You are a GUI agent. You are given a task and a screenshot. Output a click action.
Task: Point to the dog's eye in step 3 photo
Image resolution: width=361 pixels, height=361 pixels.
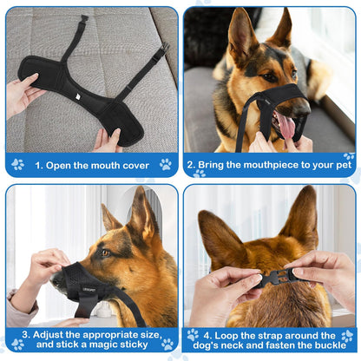pyautogui.click(x=105, y=253)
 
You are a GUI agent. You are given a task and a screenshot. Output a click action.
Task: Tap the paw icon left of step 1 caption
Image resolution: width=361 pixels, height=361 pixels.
pyautogui.click(x=16, y=163)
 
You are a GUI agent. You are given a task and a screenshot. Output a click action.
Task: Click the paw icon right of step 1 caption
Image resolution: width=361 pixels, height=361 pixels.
pyautogui.click(x=165, y=163)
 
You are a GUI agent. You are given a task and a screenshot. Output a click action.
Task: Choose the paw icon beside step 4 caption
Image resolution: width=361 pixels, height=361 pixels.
pyautogui.click(x=193, y=335)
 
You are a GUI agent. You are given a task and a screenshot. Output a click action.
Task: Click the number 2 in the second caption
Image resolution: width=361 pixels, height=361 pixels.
pyautogui.click(x=191, y=163)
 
